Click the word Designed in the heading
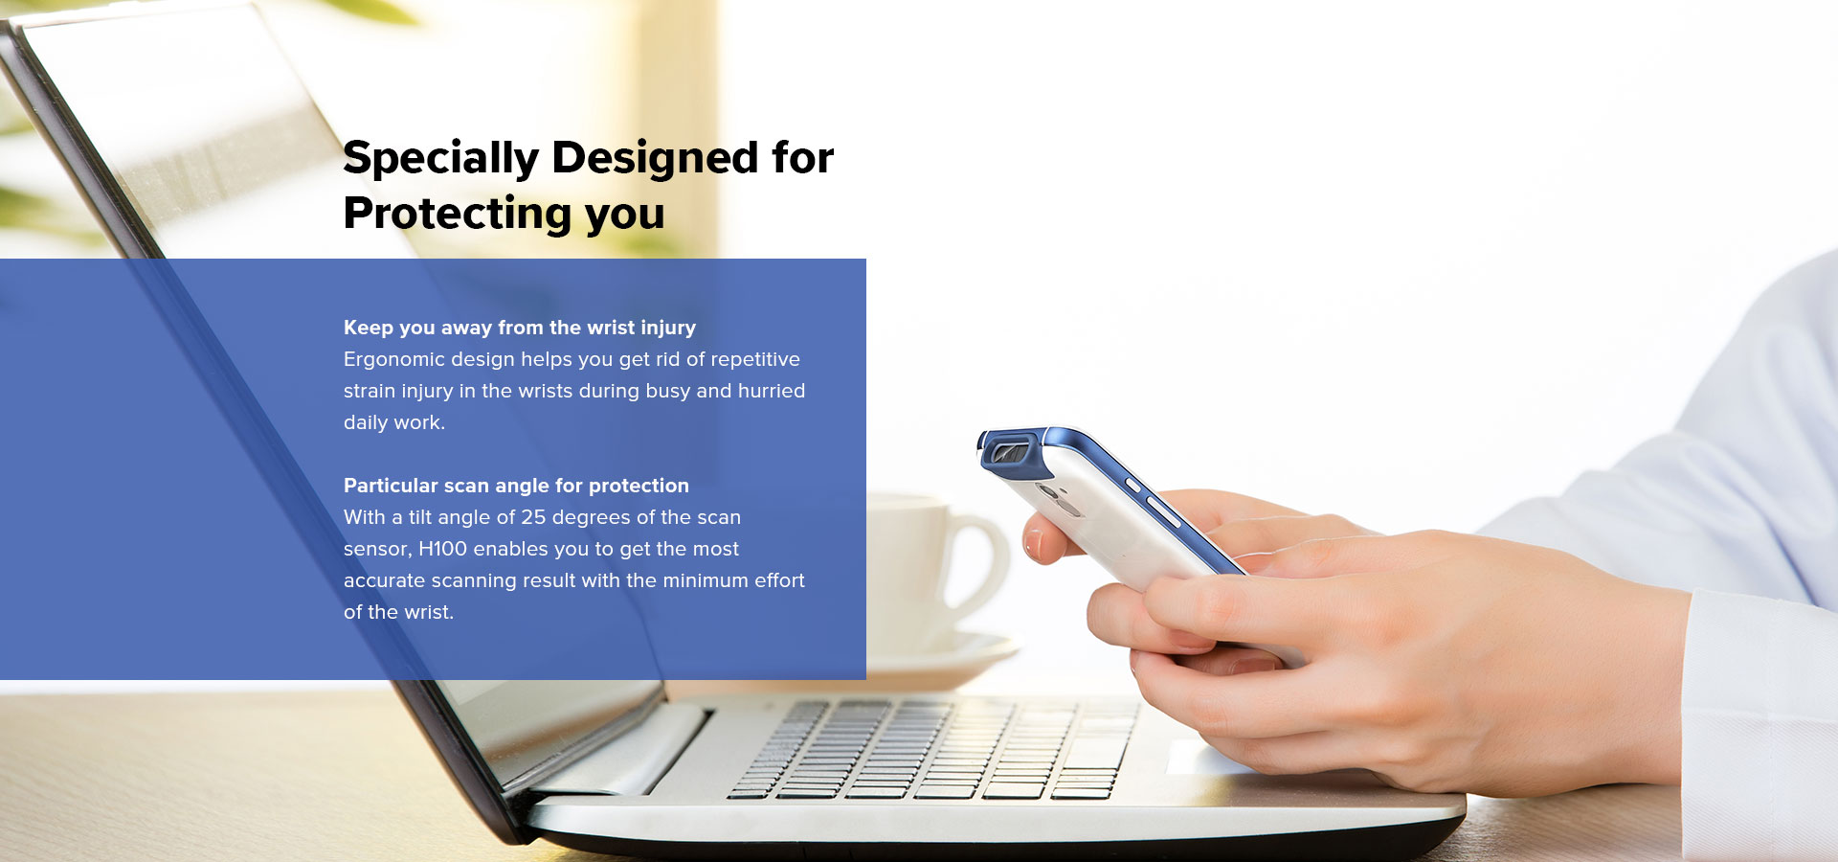coord(655,159)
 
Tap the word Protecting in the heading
coord(458,215)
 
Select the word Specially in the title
coord(441,159)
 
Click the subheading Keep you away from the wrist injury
coord(520,328)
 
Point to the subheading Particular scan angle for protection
coord(516,486)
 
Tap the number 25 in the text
coord(533,517)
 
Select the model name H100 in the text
coord(442,549)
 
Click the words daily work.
coord(394,422)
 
